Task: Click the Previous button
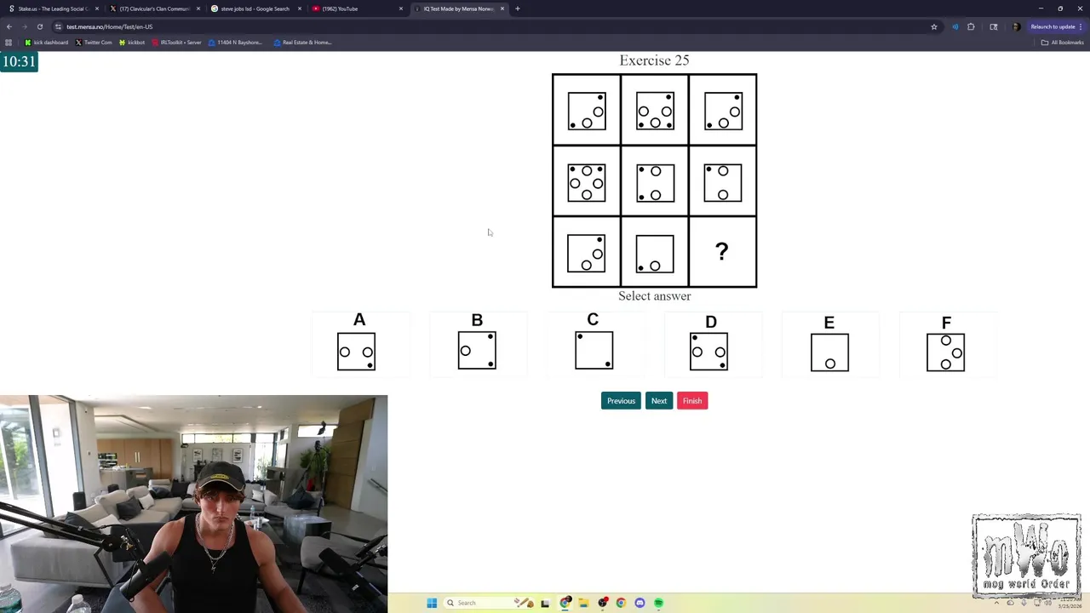[621, 401]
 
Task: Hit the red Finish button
[691, 401]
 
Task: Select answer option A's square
[356, 352]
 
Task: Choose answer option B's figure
[477, 351]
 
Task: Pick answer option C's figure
[594, 350]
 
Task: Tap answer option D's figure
[708, 352]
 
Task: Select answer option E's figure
[829, 352]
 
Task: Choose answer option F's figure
[945, 352]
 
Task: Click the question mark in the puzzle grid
[722, 251]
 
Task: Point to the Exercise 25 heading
[654, 60]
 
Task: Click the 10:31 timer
[19, 61]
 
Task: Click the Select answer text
[654, 296]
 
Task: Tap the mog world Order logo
[1026, 556]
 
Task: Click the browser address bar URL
[109, 27]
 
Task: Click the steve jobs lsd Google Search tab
[255, 9]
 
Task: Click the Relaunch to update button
[1053, 27]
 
